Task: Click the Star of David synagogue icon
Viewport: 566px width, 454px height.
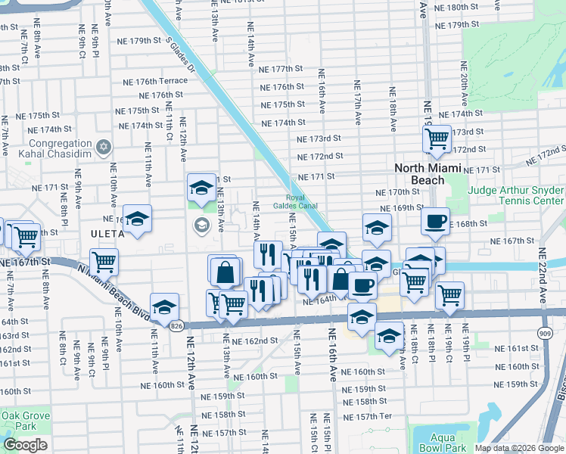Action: click(104, 147)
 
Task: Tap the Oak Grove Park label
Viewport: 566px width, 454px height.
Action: click(25, 421)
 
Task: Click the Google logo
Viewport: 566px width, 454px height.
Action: click(25, 444)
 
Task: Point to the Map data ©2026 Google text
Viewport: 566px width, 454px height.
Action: click(520, 448)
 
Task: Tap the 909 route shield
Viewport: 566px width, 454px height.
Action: click(545, 331)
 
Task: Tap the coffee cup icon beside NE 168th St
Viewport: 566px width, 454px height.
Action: click(435, 221)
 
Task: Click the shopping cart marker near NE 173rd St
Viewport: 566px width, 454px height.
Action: click(437, 138)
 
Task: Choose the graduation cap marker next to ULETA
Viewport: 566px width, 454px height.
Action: click(137, 219)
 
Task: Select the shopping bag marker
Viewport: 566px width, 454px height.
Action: click(225, 271)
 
